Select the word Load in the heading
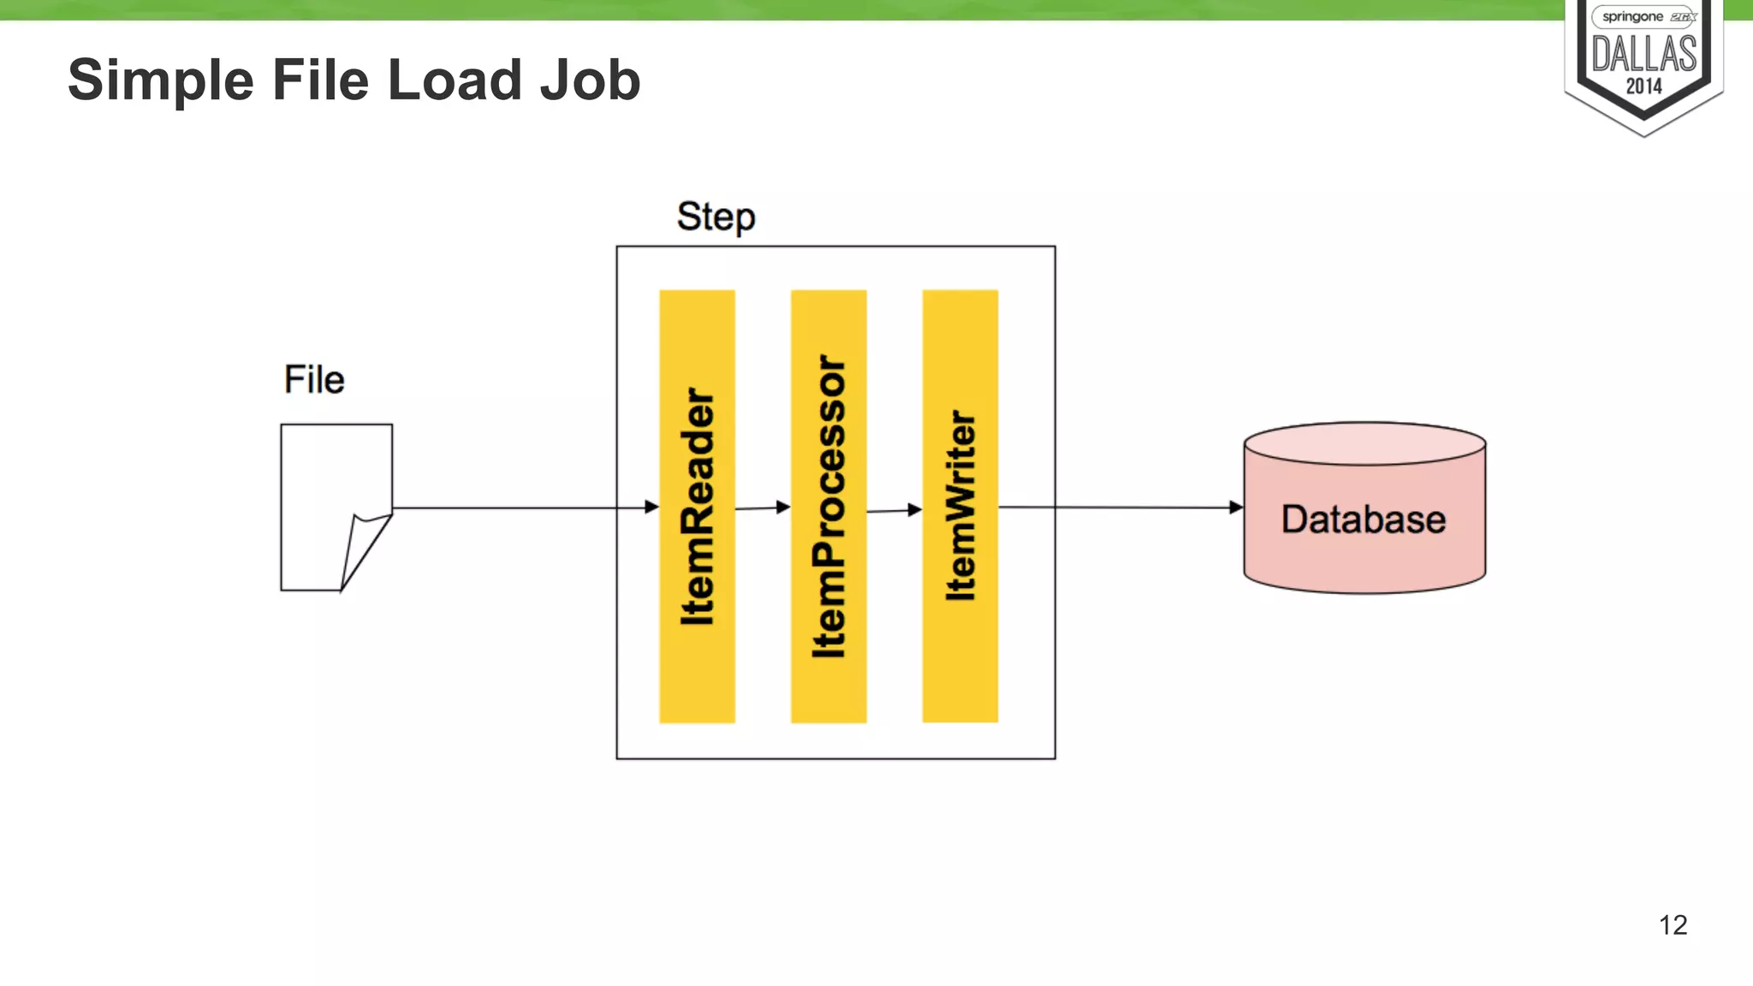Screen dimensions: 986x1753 point(455,81)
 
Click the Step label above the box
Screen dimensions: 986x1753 point(716,217)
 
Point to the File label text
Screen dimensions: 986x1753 point(314,379)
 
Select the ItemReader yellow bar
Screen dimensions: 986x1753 point(697,506)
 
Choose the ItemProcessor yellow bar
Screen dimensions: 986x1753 point(829,506)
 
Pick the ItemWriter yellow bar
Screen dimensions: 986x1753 point(960,506)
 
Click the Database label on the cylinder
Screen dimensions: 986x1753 point(1363,520)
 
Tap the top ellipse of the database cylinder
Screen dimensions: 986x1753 point(1364,443)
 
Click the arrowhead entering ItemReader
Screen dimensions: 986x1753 point(651,507)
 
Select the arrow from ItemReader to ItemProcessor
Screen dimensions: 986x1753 point(762,508)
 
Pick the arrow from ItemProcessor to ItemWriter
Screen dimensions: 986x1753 point(894,510)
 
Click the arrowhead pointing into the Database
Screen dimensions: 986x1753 point(1236,508)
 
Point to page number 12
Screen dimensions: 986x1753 point(1673,924)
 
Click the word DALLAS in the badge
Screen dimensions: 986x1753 point(1643,55)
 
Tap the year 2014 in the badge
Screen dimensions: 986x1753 point(1643,86)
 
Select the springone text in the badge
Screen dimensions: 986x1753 point(1631,17)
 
